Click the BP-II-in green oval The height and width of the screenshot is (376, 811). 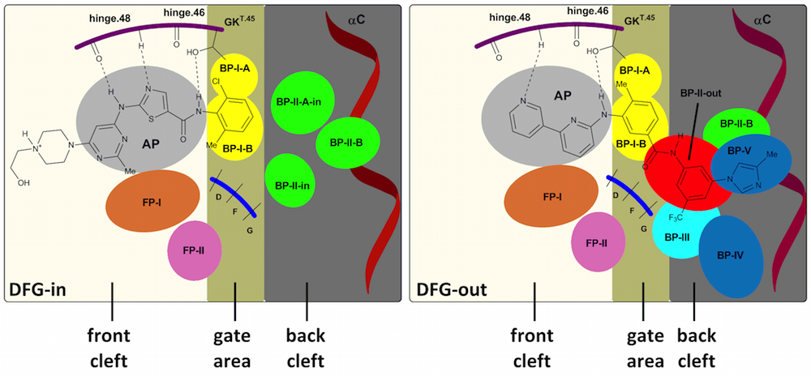coord(294,178)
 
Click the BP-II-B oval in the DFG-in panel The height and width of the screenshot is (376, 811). coord(345,143)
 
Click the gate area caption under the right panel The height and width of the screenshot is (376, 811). coord(642,341)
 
